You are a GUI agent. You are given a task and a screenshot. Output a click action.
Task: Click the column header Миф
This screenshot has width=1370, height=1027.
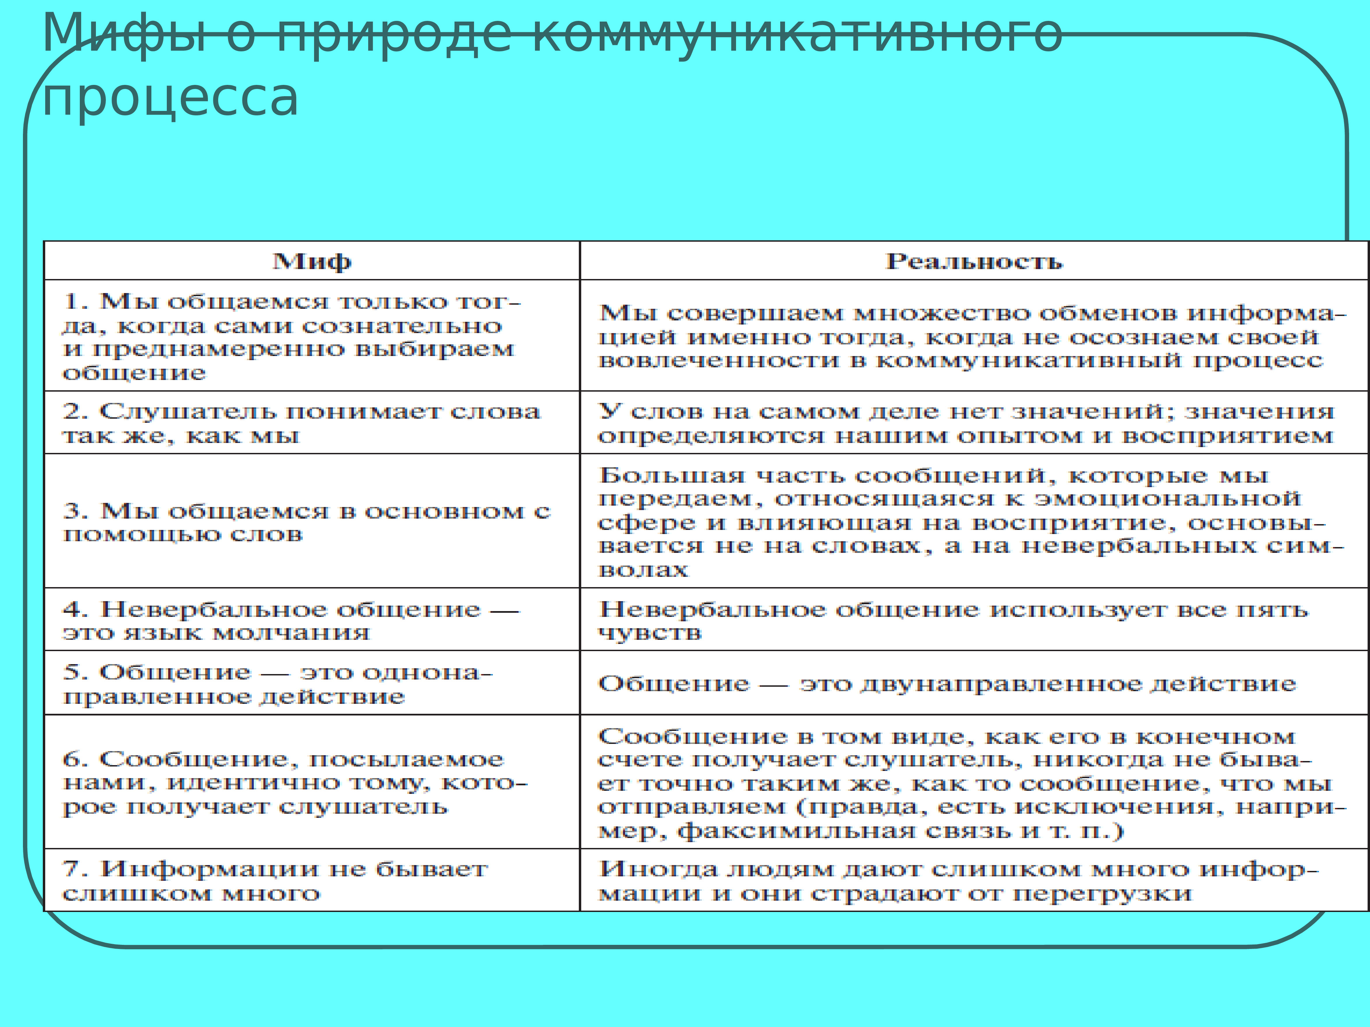tap(312, 261)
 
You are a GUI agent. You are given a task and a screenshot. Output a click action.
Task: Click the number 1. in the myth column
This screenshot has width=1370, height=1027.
tap(76, 302)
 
